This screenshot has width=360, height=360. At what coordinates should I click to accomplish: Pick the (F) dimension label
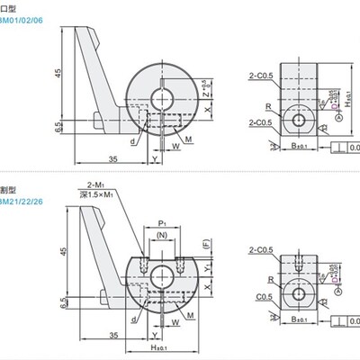point(206,244)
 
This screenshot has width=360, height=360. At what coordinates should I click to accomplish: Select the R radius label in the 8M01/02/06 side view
point(271,106)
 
